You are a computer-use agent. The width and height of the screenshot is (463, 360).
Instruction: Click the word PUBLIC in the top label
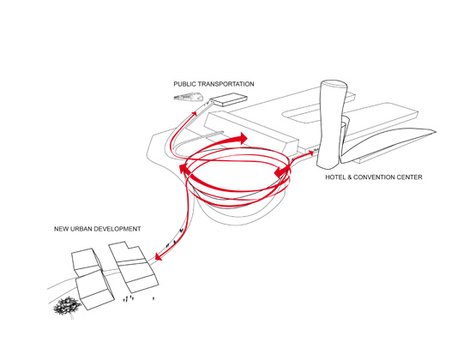pyautogui.click(x=184, y=84)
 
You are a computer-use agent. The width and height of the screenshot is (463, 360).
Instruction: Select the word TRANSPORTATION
pyautogui.click(x=225, y=84)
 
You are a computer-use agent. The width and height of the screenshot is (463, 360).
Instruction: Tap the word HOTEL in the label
pyautogui.click(x=335, y=177)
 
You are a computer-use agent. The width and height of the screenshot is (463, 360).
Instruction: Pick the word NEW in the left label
pyautogui.click(x=61, y=229)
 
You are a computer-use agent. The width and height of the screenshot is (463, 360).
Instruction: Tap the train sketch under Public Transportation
pyautogui.click(x=188, y=97)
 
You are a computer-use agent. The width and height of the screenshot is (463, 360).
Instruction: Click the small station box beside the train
pyautogui.click(x=229, y=99)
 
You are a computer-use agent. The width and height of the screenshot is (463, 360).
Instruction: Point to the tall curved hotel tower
pyautogui.click(x=332, y=124)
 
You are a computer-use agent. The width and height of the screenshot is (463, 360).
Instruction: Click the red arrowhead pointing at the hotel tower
pyautogui.click(x=310, y=153)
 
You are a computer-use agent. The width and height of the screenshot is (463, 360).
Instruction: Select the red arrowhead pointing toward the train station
pyautogui.click(x=195, y=113)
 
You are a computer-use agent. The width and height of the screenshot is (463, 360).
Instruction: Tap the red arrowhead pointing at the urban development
pyautogui.click(x=159, y=256)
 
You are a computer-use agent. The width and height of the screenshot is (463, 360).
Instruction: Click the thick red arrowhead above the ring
pyautogui.click(x=243, y=138)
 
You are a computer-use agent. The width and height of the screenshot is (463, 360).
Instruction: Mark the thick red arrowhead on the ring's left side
pyautogui.click(x=183, y=170)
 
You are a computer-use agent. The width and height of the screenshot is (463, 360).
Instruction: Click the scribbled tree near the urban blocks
pyautogui.click(x=67, y=306)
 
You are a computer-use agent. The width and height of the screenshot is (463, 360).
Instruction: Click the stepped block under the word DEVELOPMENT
pyautogui.click(x=134, y=267)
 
